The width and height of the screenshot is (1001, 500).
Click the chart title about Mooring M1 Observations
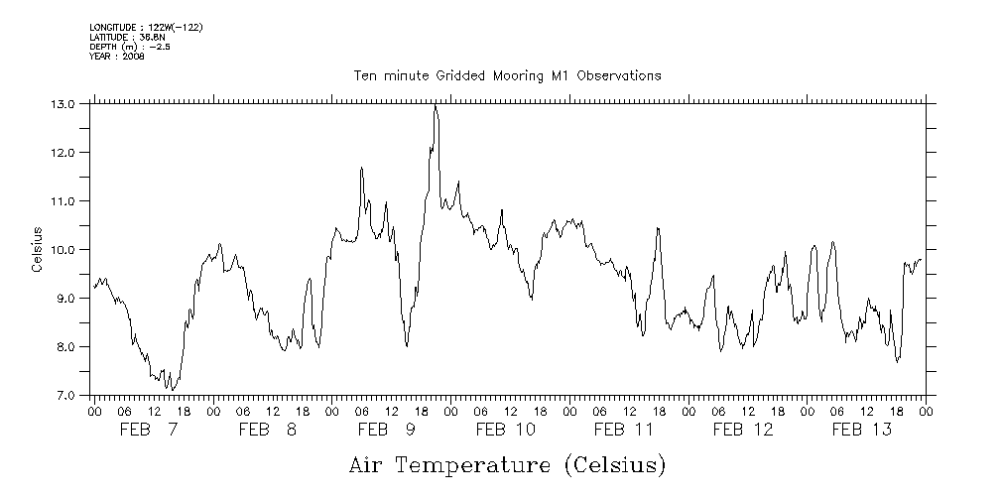pos(507,75)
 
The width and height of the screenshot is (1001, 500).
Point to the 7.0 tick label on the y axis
pos(64,396)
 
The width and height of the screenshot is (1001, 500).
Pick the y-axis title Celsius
pos(37,250)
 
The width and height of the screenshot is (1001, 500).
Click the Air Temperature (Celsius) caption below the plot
pos(507,464)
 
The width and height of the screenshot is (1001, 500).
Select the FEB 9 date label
pos(387,430)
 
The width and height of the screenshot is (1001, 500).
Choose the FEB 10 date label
pos(506,430)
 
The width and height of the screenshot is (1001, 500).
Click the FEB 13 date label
pos(861,430)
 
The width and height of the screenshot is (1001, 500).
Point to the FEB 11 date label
pos(624,430)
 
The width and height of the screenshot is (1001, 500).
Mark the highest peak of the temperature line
pos(435,106)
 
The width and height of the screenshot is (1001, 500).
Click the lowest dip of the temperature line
pos(172,389)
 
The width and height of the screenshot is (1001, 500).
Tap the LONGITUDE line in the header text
pos(146,27)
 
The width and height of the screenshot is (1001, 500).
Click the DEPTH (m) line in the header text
pos(129,47)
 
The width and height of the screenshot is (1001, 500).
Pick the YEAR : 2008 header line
pos(116,57)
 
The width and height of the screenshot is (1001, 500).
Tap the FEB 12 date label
pos(743,430)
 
